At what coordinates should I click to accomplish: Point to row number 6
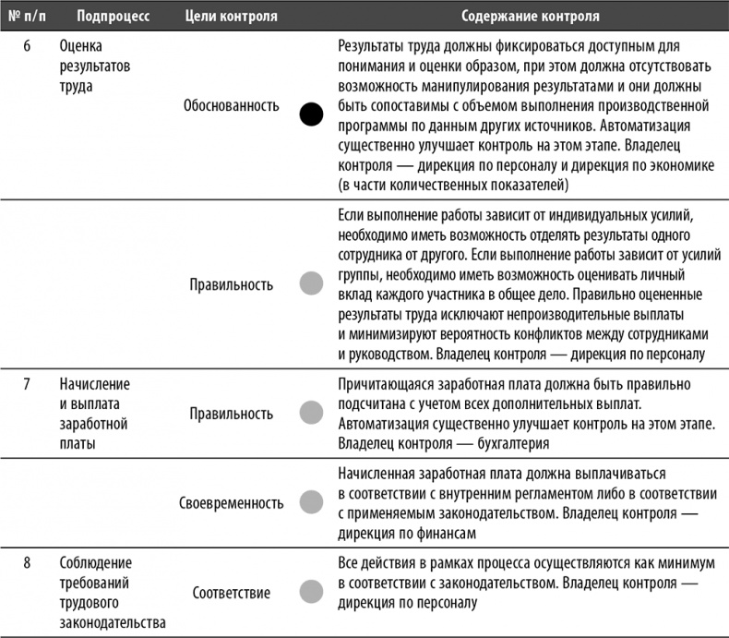(28, 46)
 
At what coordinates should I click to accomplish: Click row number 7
(28, 383)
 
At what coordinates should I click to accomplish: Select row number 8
(28, 562)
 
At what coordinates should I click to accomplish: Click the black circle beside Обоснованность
(312, 114)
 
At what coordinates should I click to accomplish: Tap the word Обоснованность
(231, 106)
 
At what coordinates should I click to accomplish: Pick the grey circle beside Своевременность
(312, 503)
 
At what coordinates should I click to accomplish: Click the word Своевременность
(231, 503)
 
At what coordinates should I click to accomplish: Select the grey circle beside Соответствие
(312, 592)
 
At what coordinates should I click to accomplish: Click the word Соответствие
(231, 592)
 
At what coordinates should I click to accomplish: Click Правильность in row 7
(231, 414)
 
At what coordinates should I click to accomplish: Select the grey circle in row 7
(312, 413)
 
